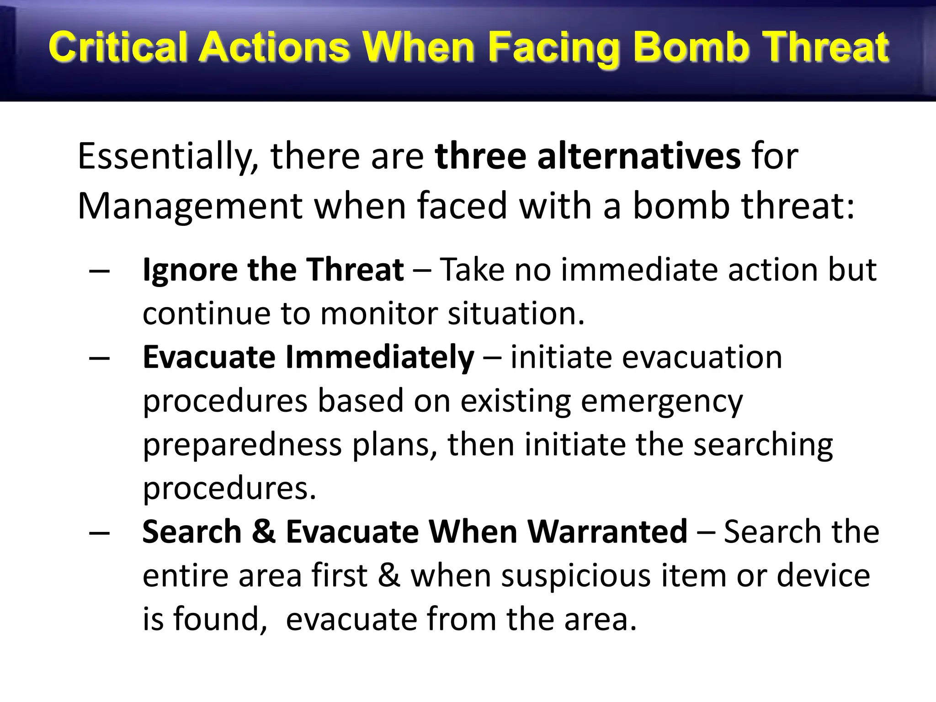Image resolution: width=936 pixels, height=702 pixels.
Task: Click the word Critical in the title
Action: pyautogui.click(x=117, y=48)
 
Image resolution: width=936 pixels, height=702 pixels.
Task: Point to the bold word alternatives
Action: pyautogui.click(x=638, y=156)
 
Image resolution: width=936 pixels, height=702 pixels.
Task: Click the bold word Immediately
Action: pyautogui.click(x=379, y=357)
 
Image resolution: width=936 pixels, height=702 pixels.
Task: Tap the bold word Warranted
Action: pyautogui.click(x=558, y=532)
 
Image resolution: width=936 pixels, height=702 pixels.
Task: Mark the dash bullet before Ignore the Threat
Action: pyautogui.click(x=100, y=271)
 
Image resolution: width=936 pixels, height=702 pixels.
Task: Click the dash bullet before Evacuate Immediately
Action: pyautogui.click(x=100, y=358)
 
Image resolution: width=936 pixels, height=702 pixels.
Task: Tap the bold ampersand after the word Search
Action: pyautogui.click(x=264, y=532)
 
